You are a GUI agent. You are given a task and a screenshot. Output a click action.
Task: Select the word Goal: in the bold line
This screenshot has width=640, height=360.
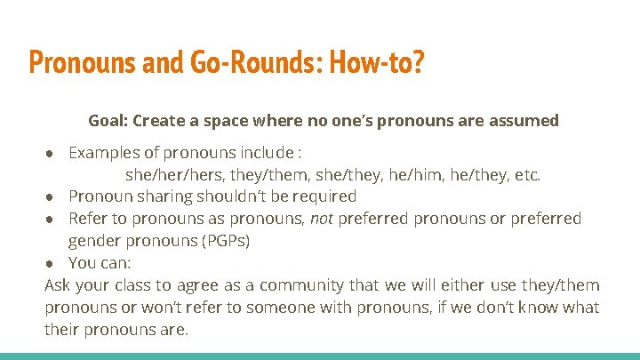pos(108,120)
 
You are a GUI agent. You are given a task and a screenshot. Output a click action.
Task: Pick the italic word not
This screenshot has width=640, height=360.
pos(321,219)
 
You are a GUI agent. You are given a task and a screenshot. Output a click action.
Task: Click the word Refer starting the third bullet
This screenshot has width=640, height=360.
pos(86,219)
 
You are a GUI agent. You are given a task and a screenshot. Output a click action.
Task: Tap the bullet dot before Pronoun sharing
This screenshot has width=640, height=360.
pos(54,196)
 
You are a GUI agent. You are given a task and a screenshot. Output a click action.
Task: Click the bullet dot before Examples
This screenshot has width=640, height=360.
pos(54,152)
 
